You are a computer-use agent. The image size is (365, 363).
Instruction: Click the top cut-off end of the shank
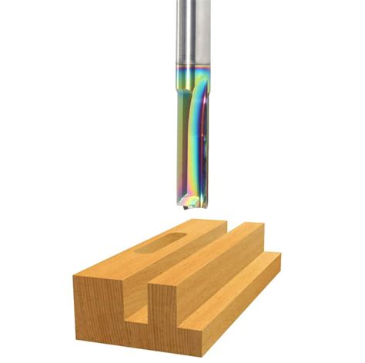pos(188,2)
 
